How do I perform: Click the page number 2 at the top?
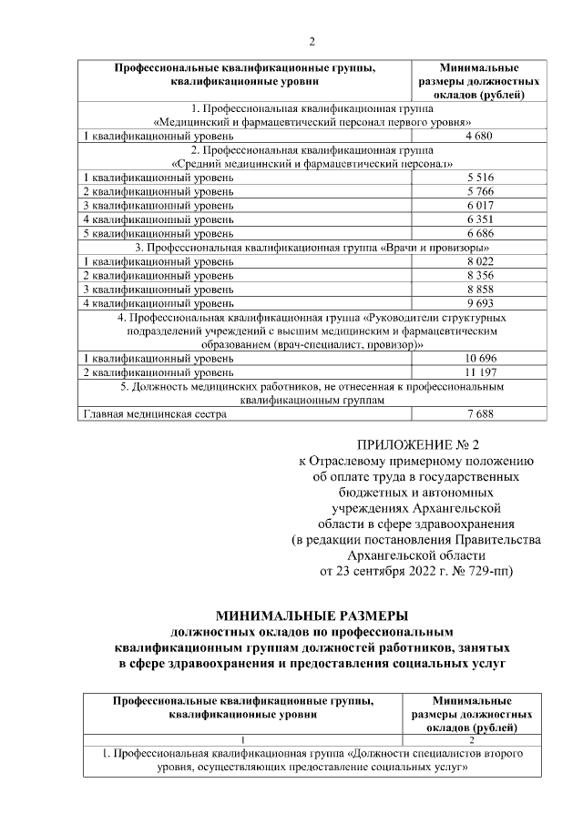312,42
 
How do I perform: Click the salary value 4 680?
479,136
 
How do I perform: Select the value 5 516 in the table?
479,178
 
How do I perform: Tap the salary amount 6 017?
479,205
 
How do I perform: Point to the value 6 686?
479,233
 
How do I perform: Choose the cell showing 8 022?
479,261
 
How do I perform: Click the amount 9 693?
479,303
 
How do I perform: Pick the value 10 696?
479,359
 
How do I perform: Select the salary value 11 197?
479,372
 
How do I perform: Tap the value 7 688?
479,414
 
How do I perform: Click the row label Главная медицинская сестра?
155,414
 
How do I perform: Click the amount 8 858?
479,289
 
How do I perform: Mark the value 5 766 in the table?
479,191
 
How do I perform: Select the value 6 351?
479,219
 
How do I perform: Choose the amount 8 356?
479,275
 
